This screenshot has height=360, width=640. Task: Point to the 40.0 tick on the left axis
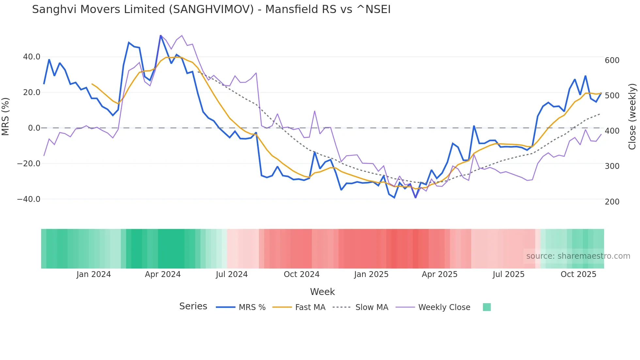[32, 57]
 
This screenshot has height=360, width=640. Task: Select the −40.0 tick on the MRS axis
[29, 199]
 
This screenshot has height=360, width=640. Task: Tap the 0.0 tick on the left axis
[34, 128]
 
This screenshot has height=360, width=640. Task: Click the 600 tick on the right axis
[612, 60]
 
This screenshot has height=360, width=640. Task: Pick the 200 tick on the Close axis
[612, 202]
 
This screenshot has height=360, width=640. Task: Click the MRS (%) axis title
[6, 116]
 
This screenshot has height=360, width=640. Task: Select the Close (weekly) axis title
[632, 116]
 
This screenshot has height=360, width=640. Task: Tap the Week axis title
[322, 292]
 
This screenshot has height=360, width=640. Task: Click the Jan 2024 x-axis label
[94, 274]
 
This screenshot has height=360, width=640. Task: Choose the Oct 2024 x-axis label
[301, 274]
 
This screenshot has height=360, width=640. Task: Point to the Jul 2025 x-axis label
[508, 274]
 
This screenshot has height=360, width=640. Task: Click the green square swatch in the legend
[487, 307]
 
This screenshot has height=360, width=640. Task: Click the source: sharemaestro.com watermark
[578, 256]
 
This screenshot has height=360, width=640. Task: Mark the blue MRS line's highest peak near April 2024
[160, 36]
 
